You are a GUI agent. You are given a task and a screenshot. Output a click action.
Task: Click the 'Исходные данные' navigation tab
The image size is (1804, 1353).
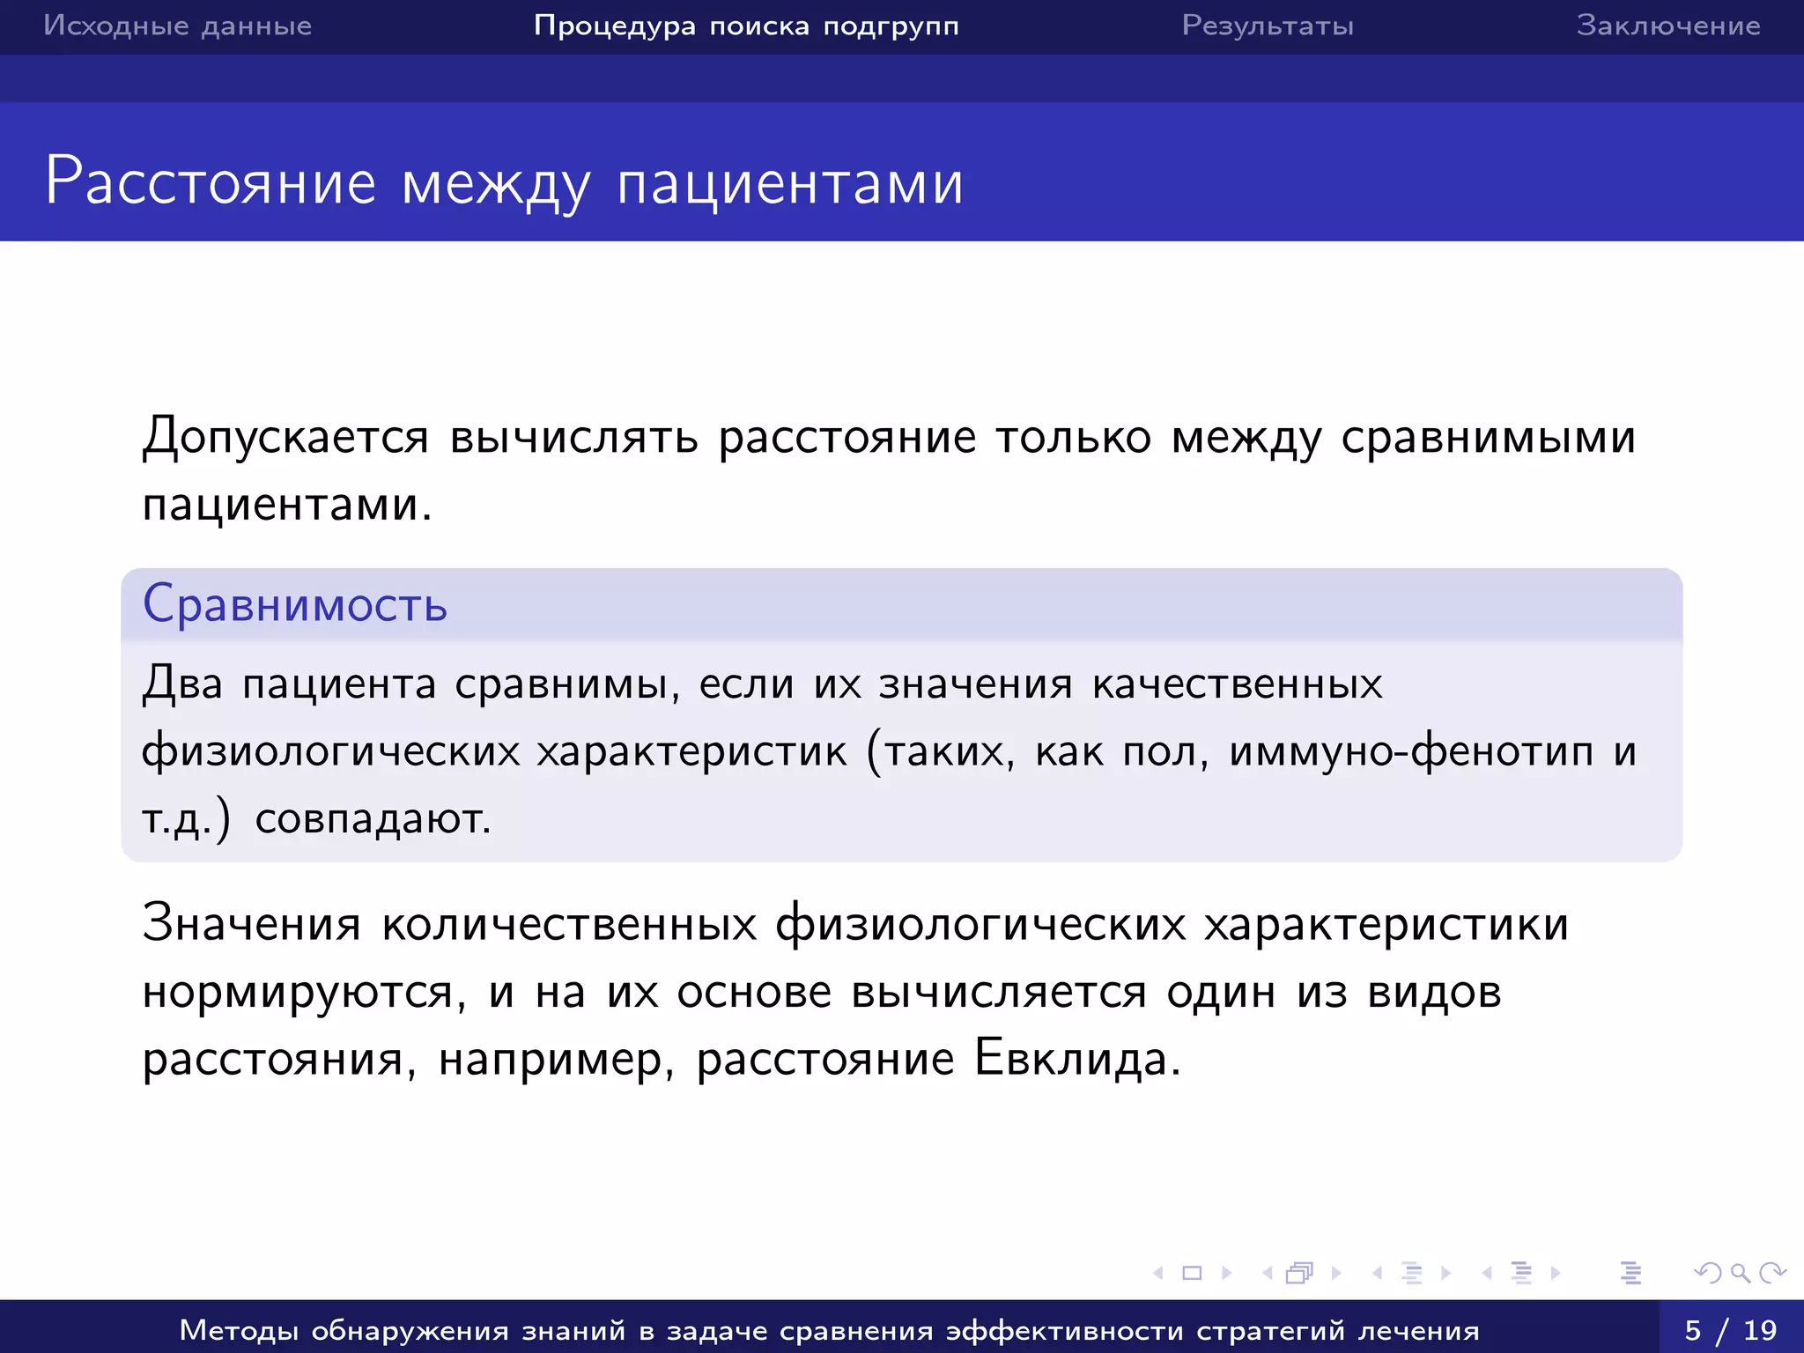point(177,26)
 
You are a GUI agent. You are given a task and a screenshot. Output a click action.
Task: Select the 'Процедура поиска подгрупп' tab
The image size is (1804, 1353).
point(746,26)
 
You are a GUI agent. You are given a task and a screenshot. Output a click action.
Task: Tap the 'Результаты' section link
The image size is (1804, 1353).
point(1268,26)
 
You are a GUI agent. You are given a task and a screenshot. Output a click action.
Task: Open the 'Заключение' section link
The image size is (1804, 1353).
point(1667,26)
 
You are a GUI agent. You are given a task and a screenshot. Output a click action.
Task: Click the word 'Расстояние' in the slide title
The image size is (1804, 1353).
point(211,181)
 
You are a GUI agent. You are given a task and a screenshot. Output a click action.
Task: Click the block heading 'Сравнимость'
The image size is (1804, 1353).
point(295,604)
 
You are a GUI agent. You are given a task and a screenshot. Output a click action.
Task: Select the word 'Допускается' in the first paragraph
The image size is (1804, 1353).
point(286,437)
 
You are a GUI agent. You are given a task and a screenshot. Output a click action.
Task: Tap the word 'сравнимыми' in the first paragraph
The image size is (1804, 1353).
point(1488,437)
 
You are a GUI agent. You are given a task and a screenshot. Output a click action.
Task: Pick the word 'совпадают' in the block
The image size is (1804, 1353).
point(371,818)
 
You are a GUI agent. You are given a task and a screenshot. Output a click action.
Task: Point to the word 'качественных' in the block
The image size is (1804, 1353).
point(1237,684)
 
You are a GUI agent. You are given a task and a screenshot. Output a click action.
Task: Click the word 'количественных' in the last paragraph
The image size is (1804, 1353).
point(569,925)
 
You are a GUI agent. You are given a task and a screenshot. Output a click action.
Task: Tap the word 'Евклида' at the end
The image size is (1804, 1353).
point(1076,1059)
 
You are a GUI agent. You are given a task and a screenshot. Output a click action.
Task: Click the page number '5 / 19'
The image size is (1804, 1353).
point(1731,1329)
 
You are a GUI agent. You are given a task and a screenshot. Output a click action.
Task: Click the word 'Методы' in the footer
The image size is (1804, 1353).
point(237,1330)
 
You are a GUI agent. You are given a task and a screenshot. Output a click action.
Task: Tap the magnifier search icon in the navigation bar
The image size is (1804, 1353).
point(1740,1273)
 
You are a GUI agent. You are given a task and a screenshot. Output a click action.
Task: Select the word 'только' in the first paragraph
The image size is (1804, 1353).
point(1073,437)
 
